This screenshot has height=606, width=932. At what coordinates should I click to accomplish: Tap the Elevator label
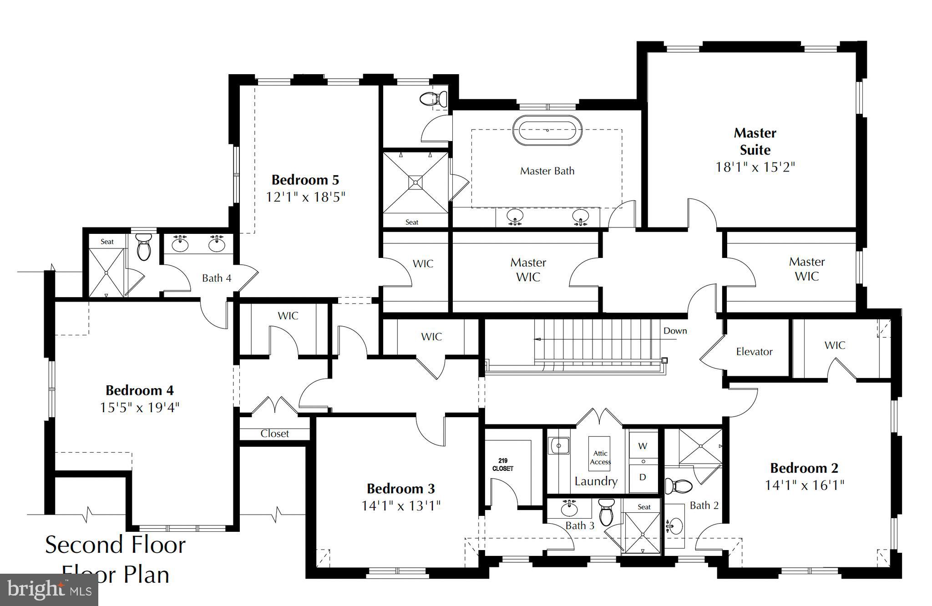coord(754,352)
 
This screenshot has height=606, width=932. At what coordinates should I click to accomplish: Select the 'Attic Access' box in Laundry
coord(600,457)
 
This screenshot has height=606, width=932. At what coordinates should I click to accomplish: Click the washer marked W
coord(643,446)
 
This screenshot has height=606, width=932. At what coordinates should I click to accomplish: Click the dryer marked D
coord(643,477)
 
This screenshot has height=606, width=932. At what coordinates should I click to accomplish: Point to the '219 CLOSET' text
coord(502,465)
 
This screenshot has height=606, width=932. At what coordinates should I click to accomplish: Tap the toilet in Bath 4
coord(144,247)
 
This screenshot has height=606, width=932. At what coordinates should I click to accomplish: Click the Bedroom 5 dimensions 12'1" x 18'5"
coord(305,197)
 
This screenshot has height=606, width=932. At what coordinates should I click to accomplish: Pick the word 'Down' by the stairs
coord(675,331)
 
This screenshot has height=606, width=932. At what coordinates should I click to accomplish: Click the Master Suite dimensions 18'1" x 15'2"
coord(755,167)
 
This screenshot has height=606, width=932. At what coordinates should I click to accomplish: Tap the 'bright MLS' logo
coord(49,590)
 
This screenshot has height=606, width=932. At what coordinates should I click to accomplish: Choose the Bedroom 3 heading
coord(400,489)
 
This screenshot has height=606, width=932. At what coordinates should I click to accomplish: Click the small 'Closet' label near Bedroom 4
coord(274,434)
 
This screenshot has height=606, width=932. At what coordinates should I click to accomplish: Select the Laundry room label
coord(596,481)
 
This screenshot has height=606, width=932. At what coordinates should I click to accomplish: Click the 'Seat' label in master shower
coord(411,222)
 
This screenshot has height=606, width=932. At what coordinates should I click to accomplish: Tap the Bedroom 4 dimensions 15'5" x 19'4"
coord(140,407)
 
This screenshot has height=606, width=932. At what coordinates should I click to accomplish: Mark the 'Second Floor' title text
coord(115,545)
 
